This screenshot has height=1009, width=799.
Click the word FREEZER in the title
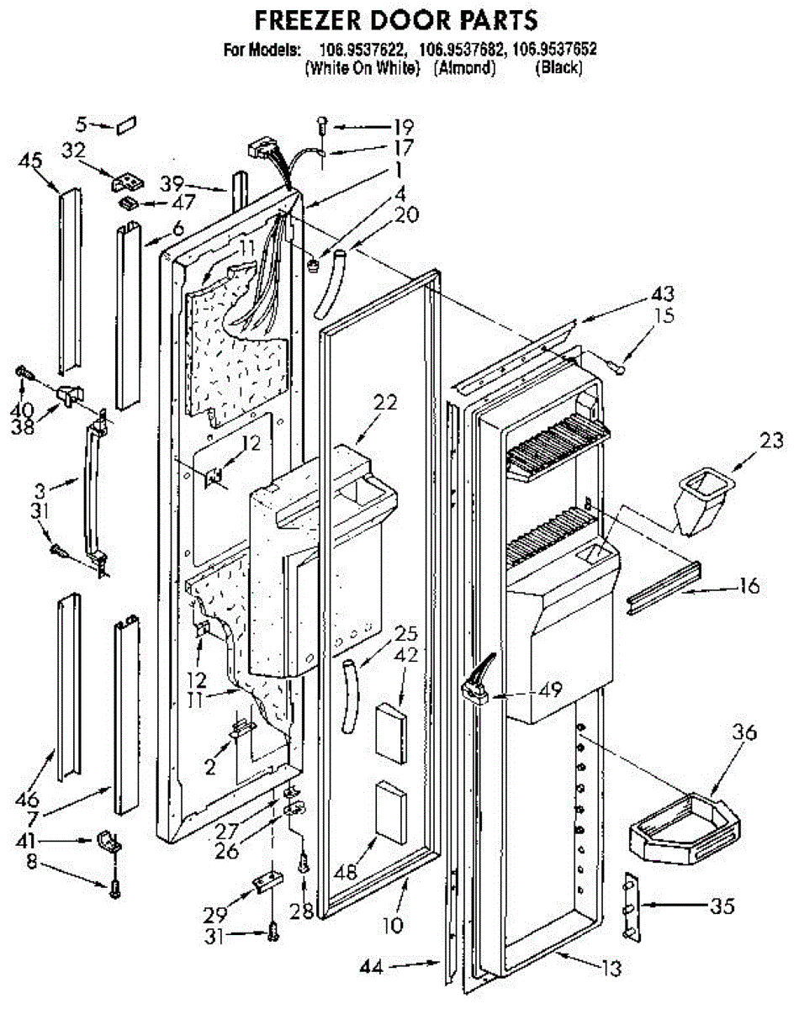[x=309, y=21]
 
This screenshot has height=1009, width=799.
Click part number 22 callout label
[x=386, y=402]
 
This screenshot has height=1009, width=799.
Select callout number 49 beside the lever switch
[x=550, y=689]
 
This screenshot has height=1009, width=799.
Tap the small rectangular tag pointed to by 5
[x=126, y=125]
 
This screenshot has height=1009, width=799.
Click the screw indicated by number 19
[x=323, y=125]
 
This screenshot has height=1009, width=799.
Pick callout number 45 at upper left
[x=30, y=161]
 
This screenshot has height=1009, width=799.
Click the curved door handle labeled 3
[x=96, y=494]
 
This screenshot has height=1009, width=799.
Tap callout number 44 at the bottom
[x=372, y=967]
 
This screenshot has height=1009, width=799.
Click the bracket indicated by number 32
[x=128, y=182]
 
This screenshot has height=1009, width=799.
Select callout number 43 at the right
[x=663, y=293]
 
